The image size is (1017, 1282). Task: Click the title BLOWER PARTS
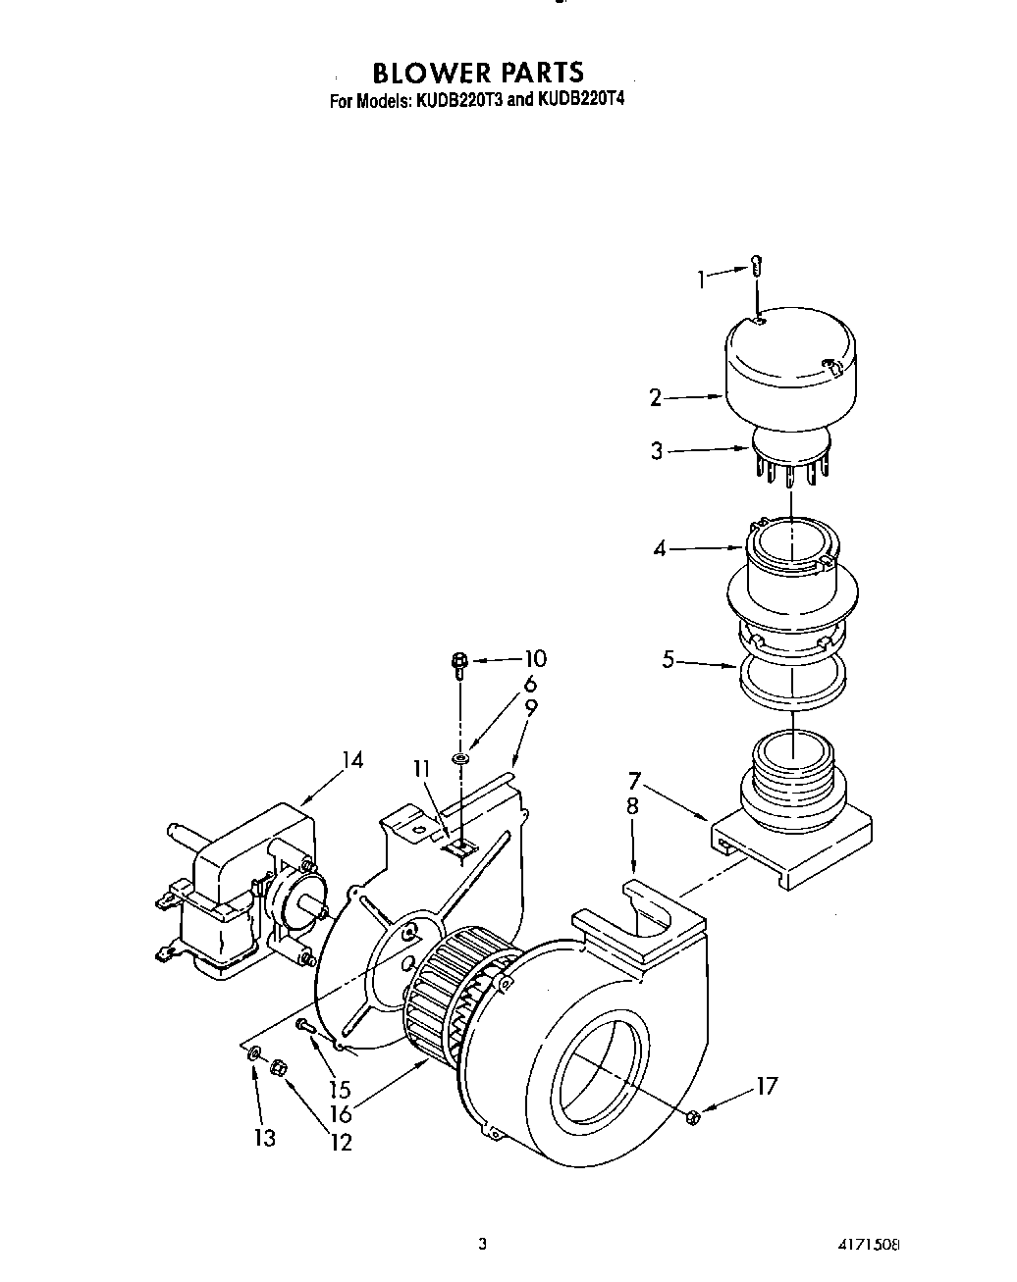(x=477, y=73)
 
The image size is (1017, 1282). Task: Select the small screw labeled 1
(x=757, y=265)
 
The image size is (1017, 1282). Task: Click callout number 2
(x=656, y=397)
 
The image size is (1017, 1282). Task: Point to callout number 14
(x=352, y=760)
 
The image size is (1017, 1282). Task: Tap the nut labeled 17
(x=692, y=1115)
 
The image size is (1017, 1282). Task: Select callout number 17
(x=766, y=1086)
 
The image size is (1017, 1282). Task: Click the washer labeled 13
(x=255, y=1054)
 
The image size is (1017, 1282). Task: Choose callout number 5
(x=669, y=660)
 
